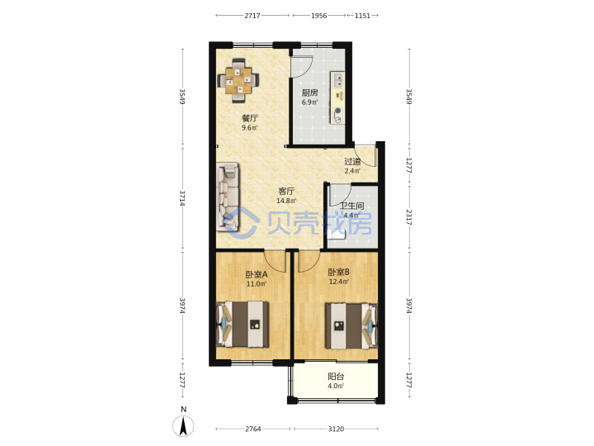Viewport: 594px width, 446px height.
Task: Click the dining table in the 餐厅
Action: click(238, 80)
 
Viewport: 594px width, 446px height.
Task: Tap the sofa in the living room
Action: click(228, 197)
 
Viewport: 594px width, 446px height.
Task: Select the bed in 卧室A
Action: click(243, 325)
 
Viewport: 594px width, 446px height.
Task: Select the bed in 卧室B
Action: click(351, 325)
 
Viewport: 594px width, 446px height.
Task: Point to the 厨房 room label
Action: click(309, 93)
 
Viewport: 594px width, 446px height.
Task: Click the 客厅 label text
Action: click(286, 191)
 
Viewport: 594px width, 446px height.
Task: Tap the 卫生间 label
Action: click(351, 206)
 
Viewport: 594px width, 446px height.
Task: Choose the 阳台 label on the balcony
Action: click(336, 377)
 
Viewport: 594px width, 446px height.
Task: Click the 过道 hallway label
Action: click(352, 162)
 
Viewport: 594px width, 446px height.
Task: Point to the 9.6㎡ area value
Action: click(250, 128)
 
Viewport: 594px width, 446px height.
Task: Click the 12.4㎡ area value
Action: click(339, 282)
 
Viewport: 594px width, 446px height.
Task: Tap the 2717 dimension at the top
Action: click(252, 16)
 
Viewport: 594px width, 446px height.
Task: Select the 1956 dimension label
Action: click(318, 16)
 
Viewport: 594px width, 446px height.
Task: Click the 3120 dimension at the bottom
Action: click(336, 429)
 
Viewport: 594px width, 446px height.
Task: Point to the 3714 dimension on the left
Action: click(182, 197)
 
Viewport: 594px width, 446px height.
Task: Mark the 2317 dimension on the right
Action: click(408, 217)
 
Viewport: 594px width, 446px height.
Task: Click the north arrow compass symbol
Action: click(183, 425)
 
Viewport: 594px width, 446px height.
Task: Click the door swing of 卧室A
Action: click(274, 262)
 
